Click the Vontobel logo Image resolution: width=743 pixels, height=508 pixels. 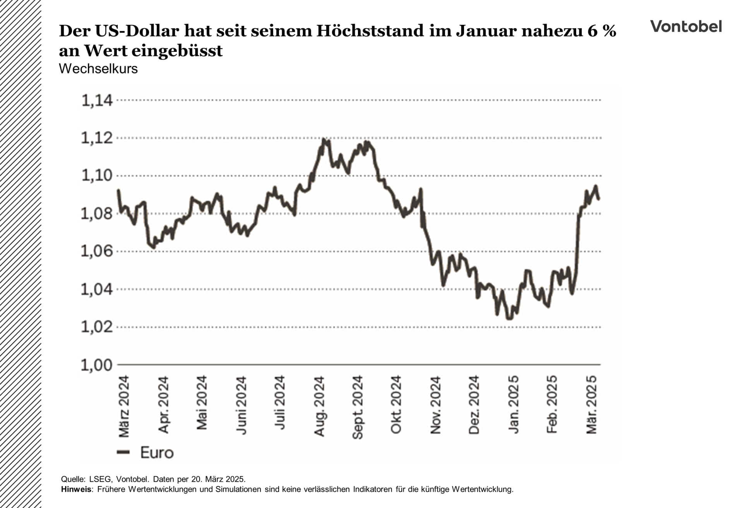tap(686, 26)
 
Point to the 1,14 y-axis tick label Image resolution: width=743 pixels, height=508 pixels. tap(97, 100)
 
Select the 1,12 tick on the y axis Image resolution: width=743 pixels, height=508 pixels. tap(97, 138)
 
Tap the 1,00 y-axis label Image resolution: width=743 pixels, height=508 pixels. tap(97, 364)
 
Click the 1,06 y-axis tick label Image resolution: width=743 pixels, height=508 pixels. tap(97, 251)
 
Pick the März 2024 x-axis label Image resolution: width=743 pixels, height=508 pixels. tap(124, 406)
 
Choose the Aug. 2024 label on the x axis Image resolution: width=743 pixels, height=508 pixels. tap(319, 406)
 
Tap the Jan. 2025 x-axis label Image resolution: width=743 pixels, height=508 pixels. tap(514, 404)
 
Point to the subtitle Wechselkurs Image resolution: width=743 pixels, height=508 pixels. tap(98, 69)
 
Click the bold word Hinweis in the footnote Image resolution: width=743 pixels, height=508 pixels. tap(76, 489)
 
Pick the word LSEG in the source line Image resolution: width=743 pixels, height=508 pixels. tap(100, 479)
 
